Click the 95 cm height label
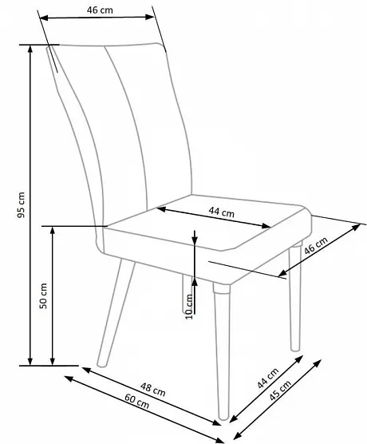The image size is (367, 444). click(22, 204)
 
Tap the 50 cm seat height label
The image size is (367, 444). click(43, 295)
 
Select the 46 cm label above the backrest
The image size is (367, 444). click(100, 10)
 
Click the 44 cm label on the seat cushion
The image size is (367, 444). click(222, 212)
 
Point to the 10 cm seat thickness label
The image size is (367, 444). click(189, 307)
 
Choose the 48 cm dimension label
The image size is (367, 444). click(153, 390)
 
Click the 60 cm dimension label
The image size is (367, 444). click(137, 402)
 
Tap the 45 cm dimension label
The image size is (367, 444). click(280, 390)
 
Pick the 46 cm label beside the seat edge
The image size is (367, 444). click(316, 245)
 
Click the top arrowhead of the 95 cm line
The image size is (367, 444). click(30, 50)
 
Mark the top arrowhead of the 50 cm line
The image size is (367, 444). click(53, 231)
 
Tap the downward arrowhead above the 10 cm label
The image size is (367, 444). click(195, 240)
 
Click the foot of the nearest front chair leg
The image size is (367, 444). click(223, 416)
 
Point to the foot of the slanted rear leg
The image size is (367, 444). click(101, 364)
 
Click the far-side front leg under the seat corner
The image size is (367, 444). click(295, 296)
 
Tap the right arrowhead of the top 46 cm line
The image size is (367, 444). click(149, 17)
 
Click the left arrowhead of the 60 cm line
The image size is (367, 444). click(69, 379)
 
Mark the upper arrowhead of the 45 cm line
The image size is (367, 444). click(318, 363)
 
